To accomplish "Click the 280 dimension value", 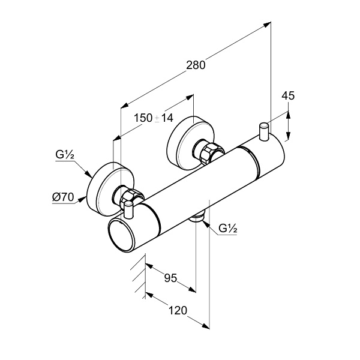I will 195,65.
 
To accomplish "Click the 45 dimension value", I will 288,95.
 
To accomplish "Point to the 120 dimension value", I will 178,310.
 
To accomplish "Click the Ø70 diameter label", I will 63,196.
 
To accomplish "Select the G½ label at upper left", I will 65,155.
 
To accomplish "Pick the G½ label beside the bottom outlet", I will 227,228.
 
